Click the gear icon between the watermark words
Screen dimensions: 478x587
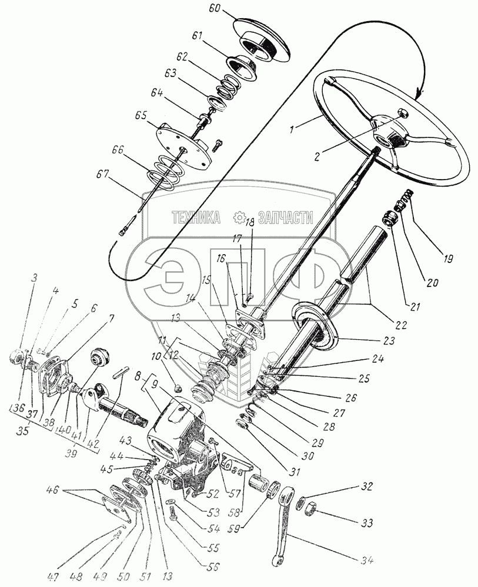click(239, 218)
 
